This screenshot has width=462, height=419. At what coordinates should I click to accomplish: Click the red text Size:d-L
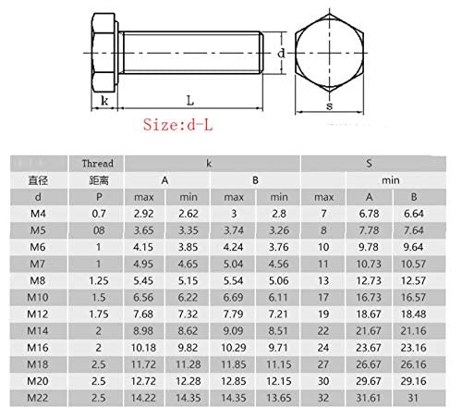(177, 125)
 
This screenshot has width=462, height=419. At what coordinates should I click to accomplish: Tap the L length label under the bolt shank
(190, 101)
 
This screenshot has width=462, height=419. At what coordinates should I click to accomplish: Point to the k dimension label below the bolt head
(104, 101)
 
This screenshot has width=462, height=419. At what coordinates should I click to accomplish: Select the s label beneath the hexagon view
(329, 106)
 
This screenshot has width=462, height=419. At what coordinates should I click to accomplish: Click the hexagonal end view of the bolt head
(329, 53)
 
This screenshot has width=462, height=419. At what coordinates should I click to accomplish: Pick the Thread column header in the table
(97, 164)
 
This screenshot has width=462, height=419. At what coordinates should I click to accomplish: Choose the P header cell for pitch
(99, 197)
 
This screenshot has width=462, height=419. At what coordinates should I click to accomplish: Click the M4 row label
(38, 214)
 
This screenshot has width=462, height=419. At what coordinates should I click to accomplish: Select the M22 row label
(38, 398)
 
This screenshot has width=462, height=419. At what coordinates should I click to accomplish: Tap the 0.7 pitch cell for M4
(99, 214)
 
